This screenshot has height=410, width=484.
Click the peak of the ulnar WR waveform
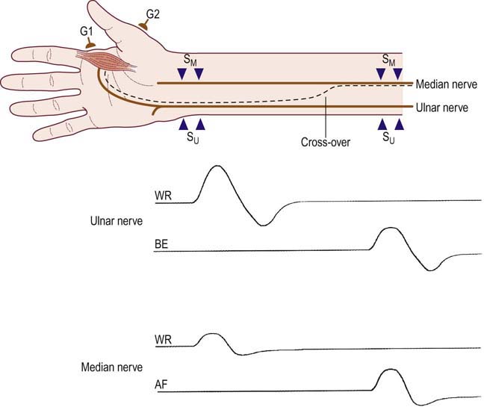tap(216, 166)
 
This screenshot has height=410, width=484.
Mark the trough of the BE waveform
tap(430, 270)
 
